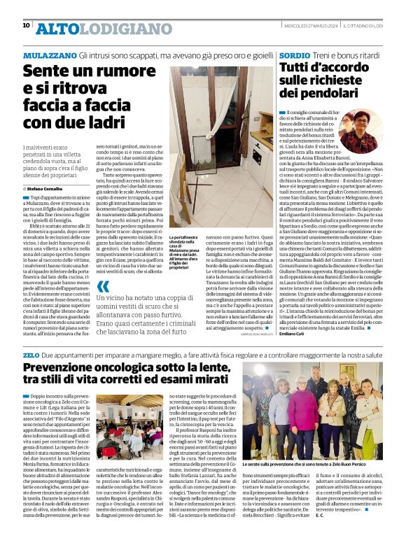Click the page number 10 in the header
click(27, 26)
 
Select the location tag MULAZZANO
click(47, 55)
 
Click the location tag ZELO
click(31, 355)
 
